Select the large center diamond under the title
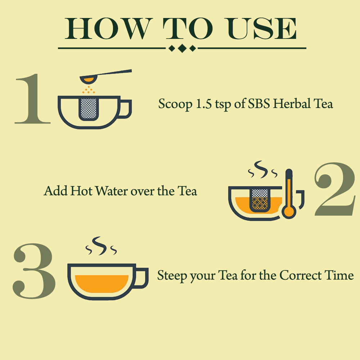tap(182, 48)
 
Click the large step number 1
tap(33, 99)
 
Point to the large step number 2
tap(335, 189)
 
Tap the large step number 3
tap(34, 271)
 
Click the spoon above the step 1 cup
tap(105, 76)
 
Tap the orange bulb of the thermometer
tap(289, 211)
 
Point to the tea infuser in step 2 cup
tap(260, 200)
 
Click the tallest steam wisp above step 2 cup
tap(261, 170)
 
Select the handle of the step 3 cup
tap(141, 278)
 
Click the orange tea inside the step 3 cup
tap(102, 283)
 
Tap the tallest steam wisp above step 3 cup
tap(100, 246)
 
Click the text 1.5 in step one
tap(203, 104)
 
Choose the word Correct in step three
tap(301, 275)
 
